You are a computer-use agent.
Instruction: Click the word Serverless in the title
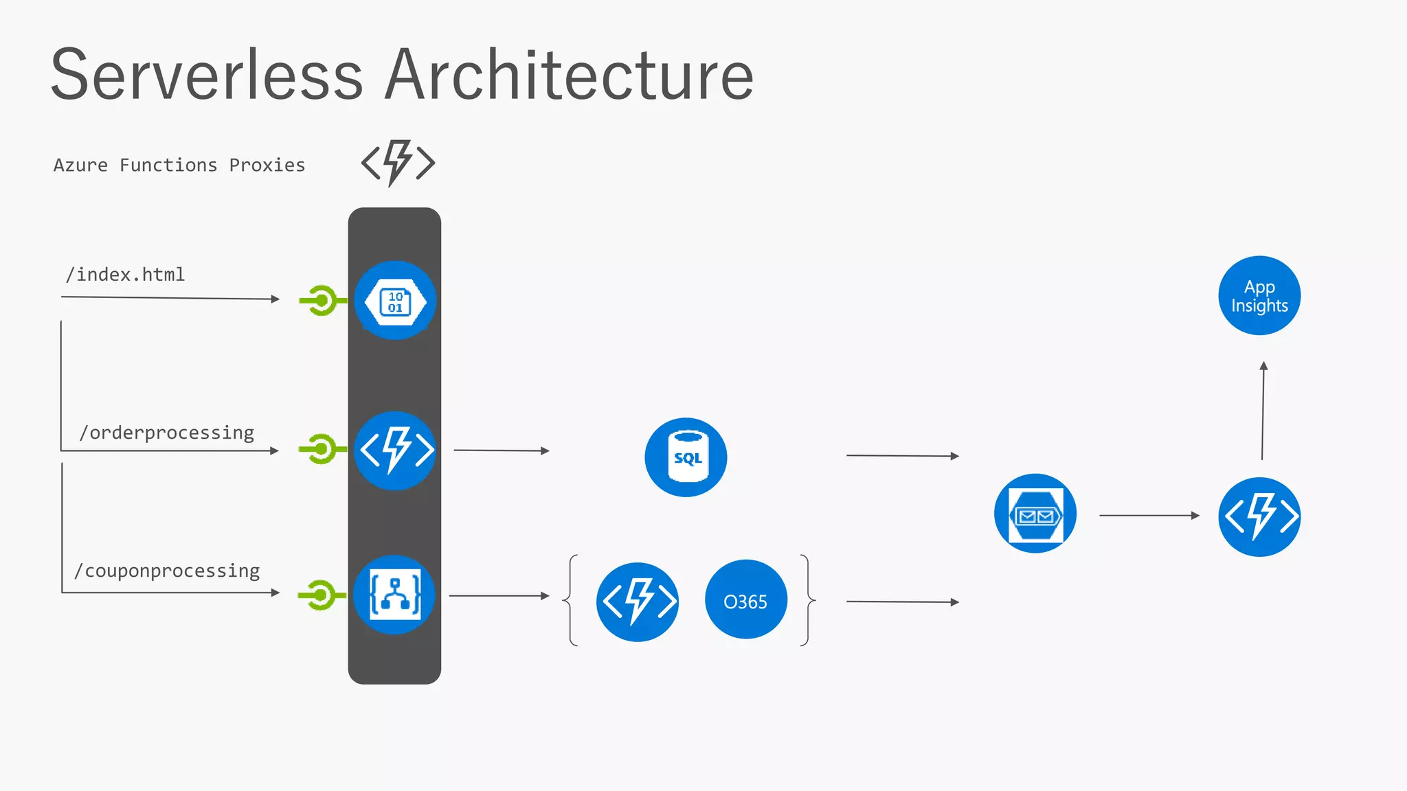[x=206, y=75]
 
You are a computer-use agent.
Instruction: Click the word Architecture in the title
[x=569, y=75]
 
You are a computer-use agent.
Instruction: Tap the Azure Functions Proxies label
[x=179, y=165]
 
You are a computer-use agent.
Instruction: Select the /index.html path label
[x=125, y=275]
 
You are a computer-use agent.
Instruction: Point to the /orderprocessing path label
[x=166, y=433]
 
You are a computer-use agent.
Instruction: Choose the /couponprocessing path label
[x=167, y=571]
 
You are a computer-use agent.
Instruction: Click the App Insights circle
[x=1259, y=296]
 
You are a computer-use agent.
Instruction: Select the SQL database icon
[x=686, y=457]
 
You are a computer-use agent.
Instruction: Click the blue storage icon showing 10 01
[x=395, y=301]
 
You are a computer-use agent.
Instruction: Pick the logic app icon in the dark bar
[x=394, y=595]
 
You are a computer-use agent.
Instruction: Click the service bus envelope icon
[x=1035, y=514]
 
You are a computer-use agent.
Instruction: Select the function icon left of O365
[x=638, y=601]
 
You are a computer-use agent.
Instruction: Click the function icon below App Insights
[x=1259, y=516]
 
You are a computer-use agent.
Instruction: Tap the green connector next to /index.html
[x=321, y=301]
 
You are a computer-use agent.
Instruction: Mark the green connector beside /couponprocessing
[x=320, y=595]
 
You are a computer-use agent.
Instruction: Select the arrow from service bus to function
[x=1149, y=515]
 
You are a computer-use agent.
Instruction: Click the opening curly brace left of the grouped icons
[x=571, y=600]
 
